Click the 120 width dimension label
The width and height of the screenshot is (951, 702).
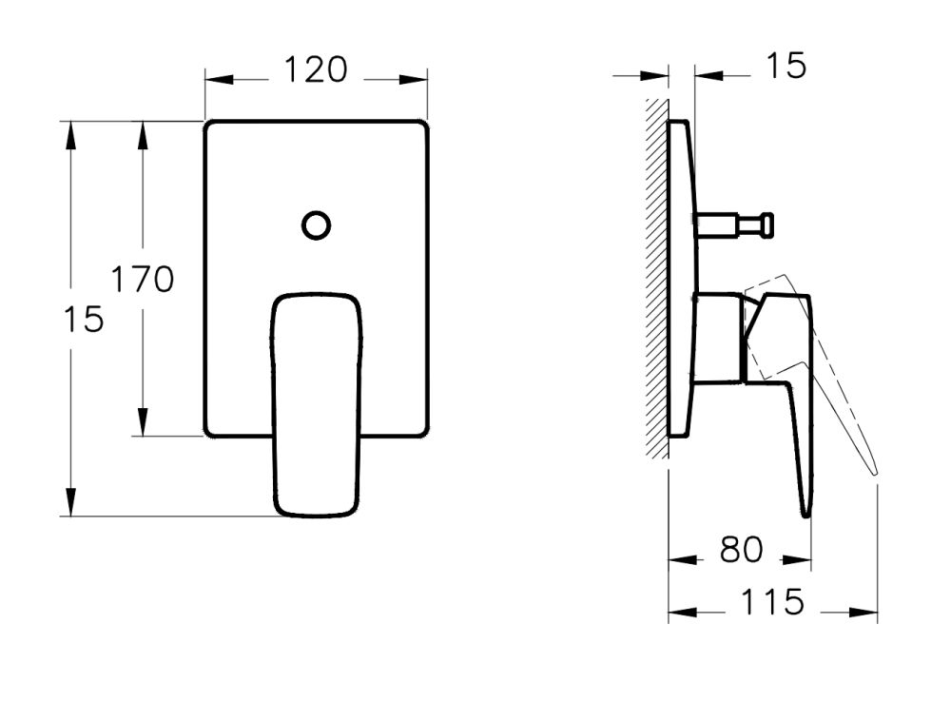pos(316,69)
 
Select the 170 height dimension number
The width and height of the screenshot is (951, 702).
pos(143,280)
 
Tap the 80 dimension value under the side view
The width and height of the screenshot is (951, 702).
pos(741,550)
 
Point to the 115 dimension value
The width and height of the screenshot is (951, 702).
pos(772,602)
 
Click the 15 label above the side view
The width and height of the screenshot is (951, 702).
pos(786,66)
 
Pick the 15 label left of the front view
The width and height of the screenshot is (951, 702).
pos(87,320)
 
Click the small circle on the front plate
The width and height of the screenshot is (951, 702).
pos(316,225)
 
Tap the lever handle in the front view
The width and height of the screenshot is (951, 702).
pos(318,404)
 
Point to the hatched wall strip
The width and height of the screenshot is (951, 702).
pos(655,276)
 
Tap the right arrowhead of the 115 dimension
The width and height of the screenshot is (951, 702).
pos(866,614)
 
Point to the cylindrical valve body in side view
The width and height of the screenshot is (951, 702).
pos(718,340)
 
